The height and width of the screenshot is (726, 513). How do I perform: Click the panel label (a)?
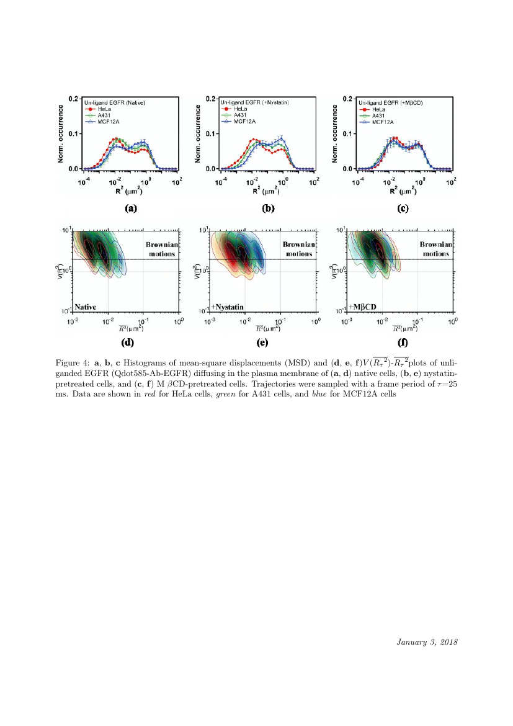coord(130,208)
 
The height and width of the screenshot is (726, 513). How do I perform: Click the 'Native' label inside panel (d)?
coord(86,307)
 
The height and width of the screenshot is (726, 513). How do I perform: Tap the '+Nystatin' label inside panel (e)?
coord(227,307)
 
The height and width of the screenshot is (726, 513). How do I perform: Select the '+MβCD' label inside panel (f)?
coord(363,307)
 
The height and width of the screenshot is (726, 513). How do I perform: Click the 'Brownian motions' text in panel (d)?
coord(161,249)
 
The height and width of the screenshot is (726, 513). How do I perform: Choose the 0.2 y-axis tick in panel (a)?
coord(73,99)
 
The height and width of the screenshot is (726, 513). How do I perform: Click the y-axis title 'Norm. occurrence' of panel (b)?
coord(199,133)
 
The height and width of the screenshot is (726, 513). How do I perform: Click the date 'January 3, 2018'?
coord(427,642)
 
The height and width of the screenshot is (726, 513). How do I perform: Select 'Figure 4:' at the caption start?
coord(71,362)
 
